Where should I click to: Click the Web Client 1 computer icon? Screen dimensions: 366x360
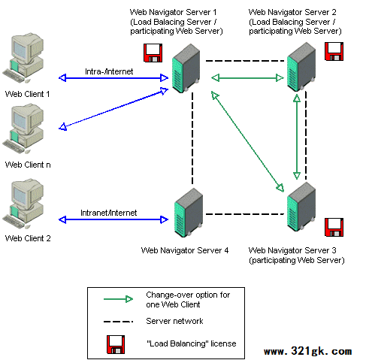[23, 58]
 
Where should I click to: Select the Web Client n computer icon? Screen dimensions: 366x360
[23, 129]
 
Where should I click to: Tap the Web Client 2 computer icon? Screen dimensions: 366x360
[23, 204]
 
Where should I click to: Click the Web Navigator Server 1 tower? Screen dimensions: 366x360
[186, 68]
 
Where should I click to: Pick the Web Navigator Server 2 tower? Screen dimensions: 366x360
[301, 67]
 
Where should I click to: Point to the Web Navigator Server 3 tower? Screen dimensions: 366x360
[301, 207]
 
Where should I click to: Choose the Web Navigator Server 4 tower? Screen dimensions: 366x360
[189, 213]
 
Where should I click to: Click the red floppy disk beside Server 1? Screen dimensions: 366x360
[153, 53]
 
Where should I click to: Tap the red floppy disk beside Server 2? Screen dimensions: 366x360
[334, 51]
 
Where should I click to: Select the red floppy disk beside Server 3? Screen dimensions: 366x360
[334, 227]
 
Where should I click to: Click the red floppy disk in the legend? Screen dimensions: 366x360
[116, 344]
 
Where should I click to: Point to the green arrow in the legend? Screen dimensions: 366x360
[118, 299]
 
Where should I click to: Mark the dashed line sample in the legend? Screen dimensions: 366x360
[118, 322]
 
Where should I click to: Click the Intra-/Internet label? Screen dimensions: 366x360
[109, 71]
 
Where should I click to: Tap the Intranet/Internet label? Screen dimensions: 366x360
[108, 213]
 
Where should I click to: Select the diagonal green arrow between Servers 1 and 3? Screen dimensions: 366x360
[247, 141]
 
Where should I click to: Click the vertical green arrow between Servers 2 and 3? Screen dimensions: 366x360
[297, 137]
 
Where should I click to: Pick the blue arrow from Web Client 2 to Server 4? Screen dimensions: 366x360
[113, 219]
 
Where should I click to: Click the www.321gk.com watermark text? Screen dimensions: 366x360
[308, 351]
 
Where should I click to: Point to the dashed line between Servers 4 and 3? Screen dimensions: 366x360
[245, 214]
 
